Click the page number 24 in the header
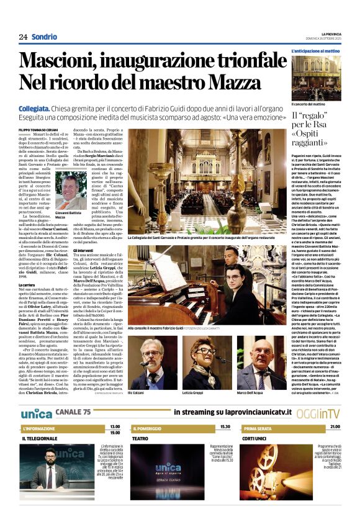[23, 37]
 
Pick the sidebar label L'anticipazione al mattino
[315, 50]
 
